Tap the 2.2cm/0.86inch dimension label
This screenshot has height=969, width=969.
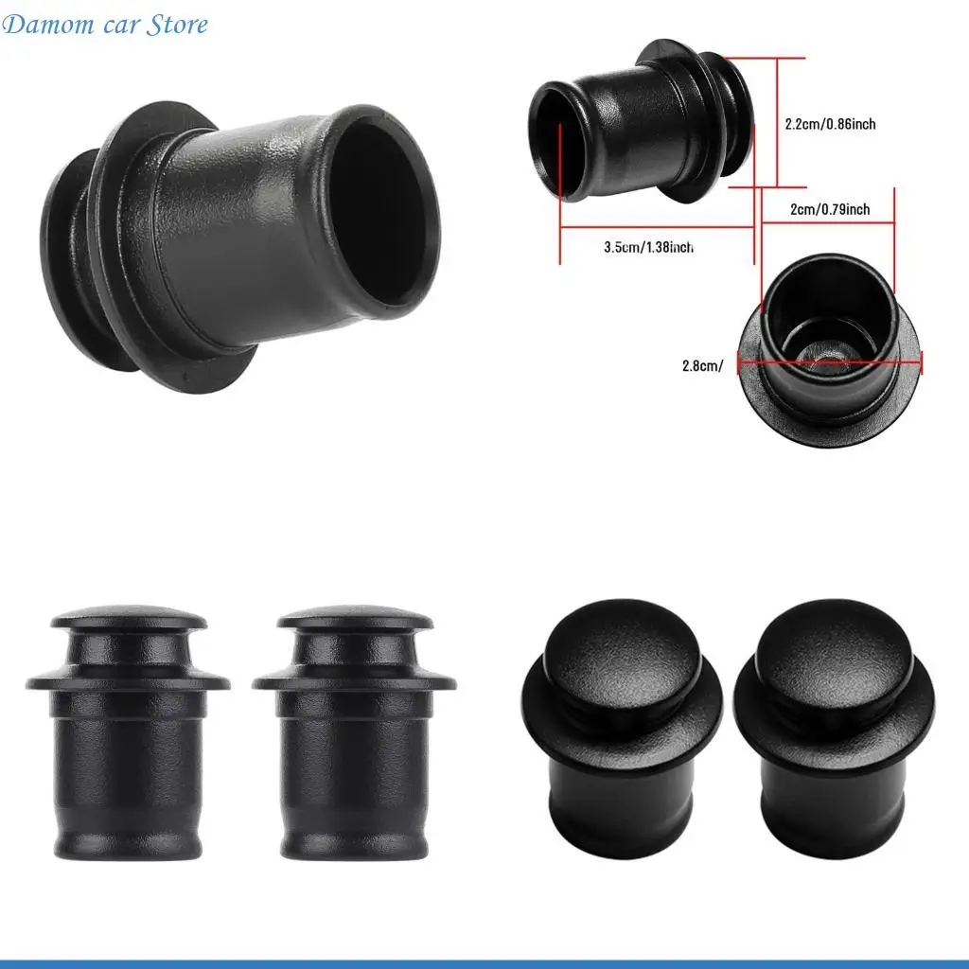[x=830, y=123]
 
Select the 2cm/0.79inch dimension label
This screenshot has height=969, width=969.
[x=828, y=209]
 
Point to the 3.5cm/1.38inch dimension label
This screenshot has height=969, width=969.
[x=648, y=247]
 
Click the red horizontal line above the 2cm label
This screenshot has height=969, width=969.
[x=828, y=223]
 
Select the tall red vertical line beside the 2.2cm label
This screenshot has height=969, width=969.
[x=777, y=123]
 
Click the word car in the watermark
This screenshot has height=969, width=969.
[x=116, y=25]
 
